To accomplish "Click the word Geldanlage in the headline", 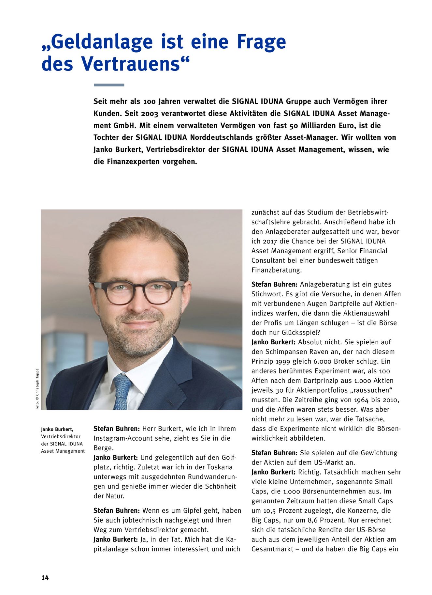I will pyautogui.click(x=102, y=42).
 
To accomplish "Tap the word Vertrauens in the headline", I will pyautogui.click(x=130, y=64).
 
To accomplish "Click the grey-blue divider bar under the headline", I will pyautogui.click(x=109, y=85).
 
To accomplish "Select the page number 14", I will pyautogui.click(x=45, y=578).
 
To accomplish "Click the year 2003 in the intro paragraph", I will pyautogui.click(x=150, y=114).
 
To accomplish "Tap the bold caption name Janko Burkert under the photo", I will pyautogui.click(x=57, y=429).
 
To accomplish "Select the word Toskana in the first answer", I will pyautogui.click(x=220, y=467).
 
